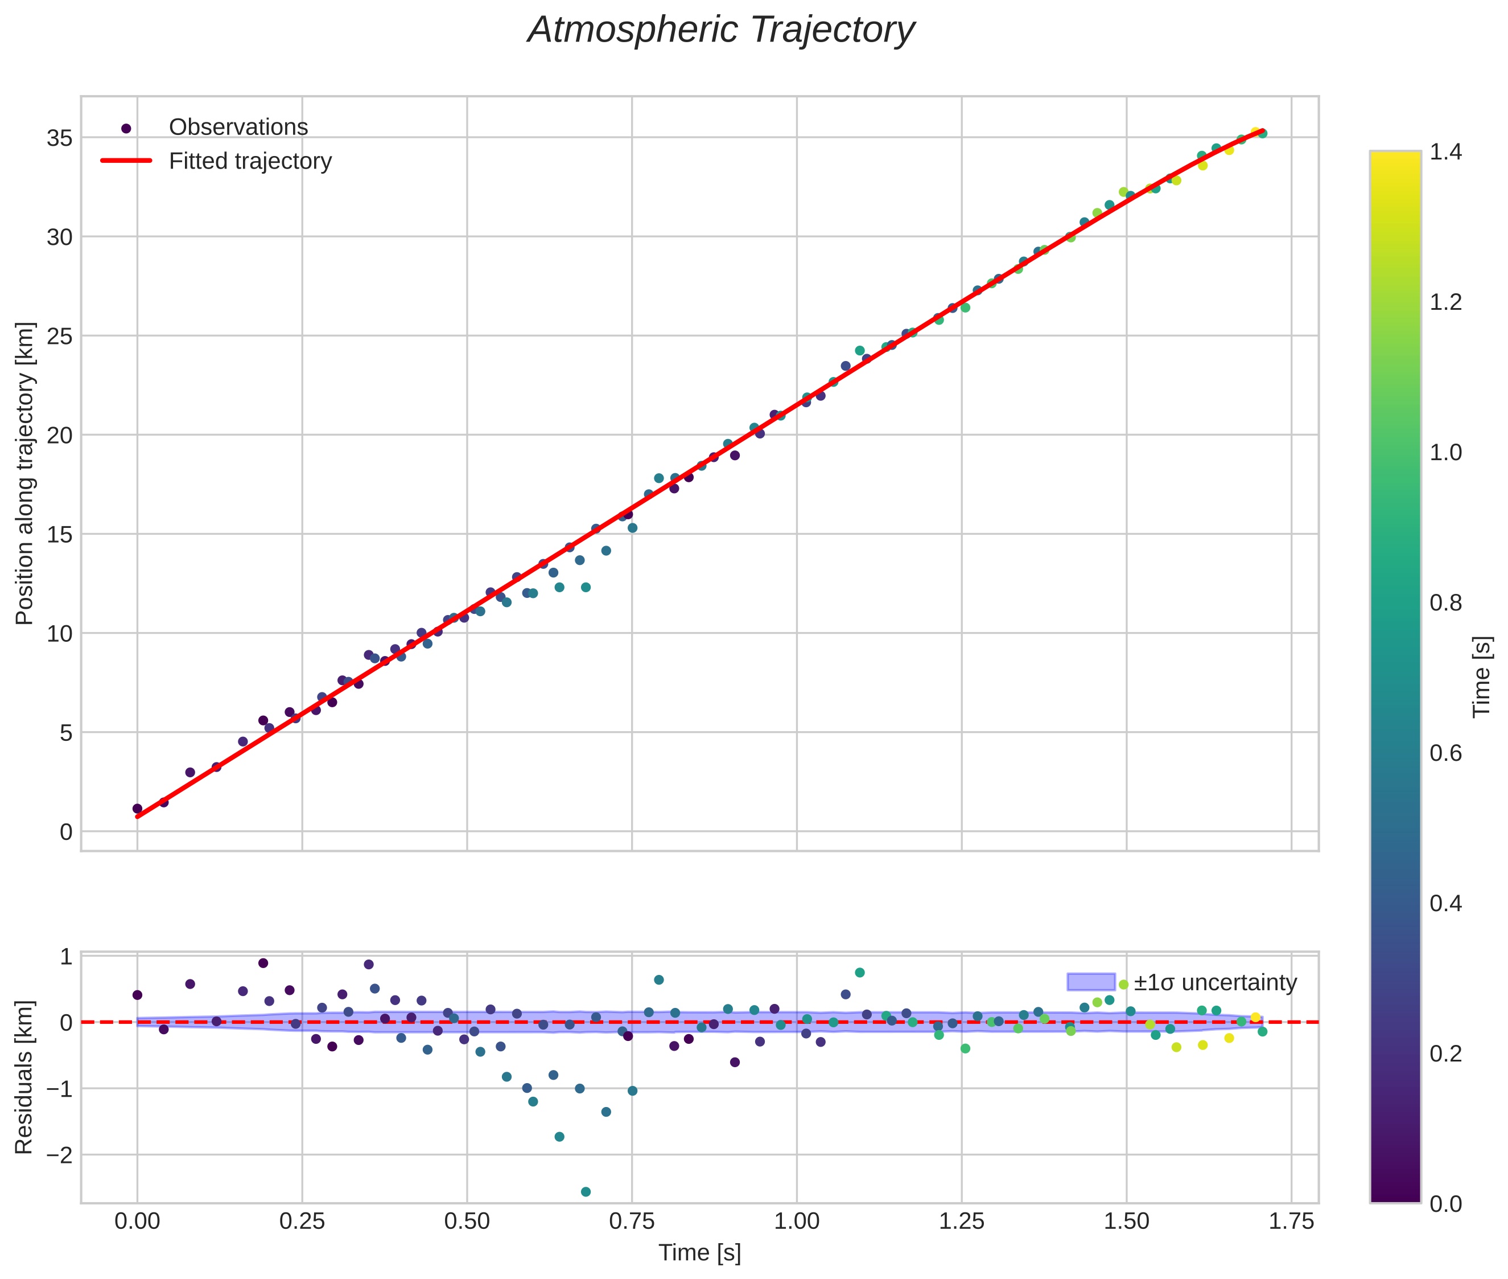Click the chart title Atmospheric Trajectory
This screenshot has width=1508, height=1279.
720,30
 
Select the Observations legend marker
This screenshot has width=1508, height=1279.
126,128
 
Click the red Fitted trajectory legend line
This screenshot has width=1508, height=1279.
126,161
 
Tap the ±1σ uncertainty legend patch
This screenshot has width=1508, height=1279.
1091,982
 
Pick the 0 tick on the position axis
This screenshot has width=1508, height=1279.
66,831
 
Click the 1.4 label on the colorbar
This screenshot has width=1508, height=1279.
1445,152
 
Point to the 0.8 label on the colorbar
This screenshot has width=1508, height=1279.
1445,602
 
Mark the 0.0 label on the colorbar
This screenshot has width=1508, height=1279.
1445,1204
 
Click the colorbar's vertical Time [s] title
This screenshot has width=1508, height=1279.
1482,677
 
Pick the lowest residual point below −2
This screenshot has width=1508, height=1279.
586,1191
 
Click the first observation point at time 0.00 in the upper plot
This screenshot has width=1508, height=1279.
137,809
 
